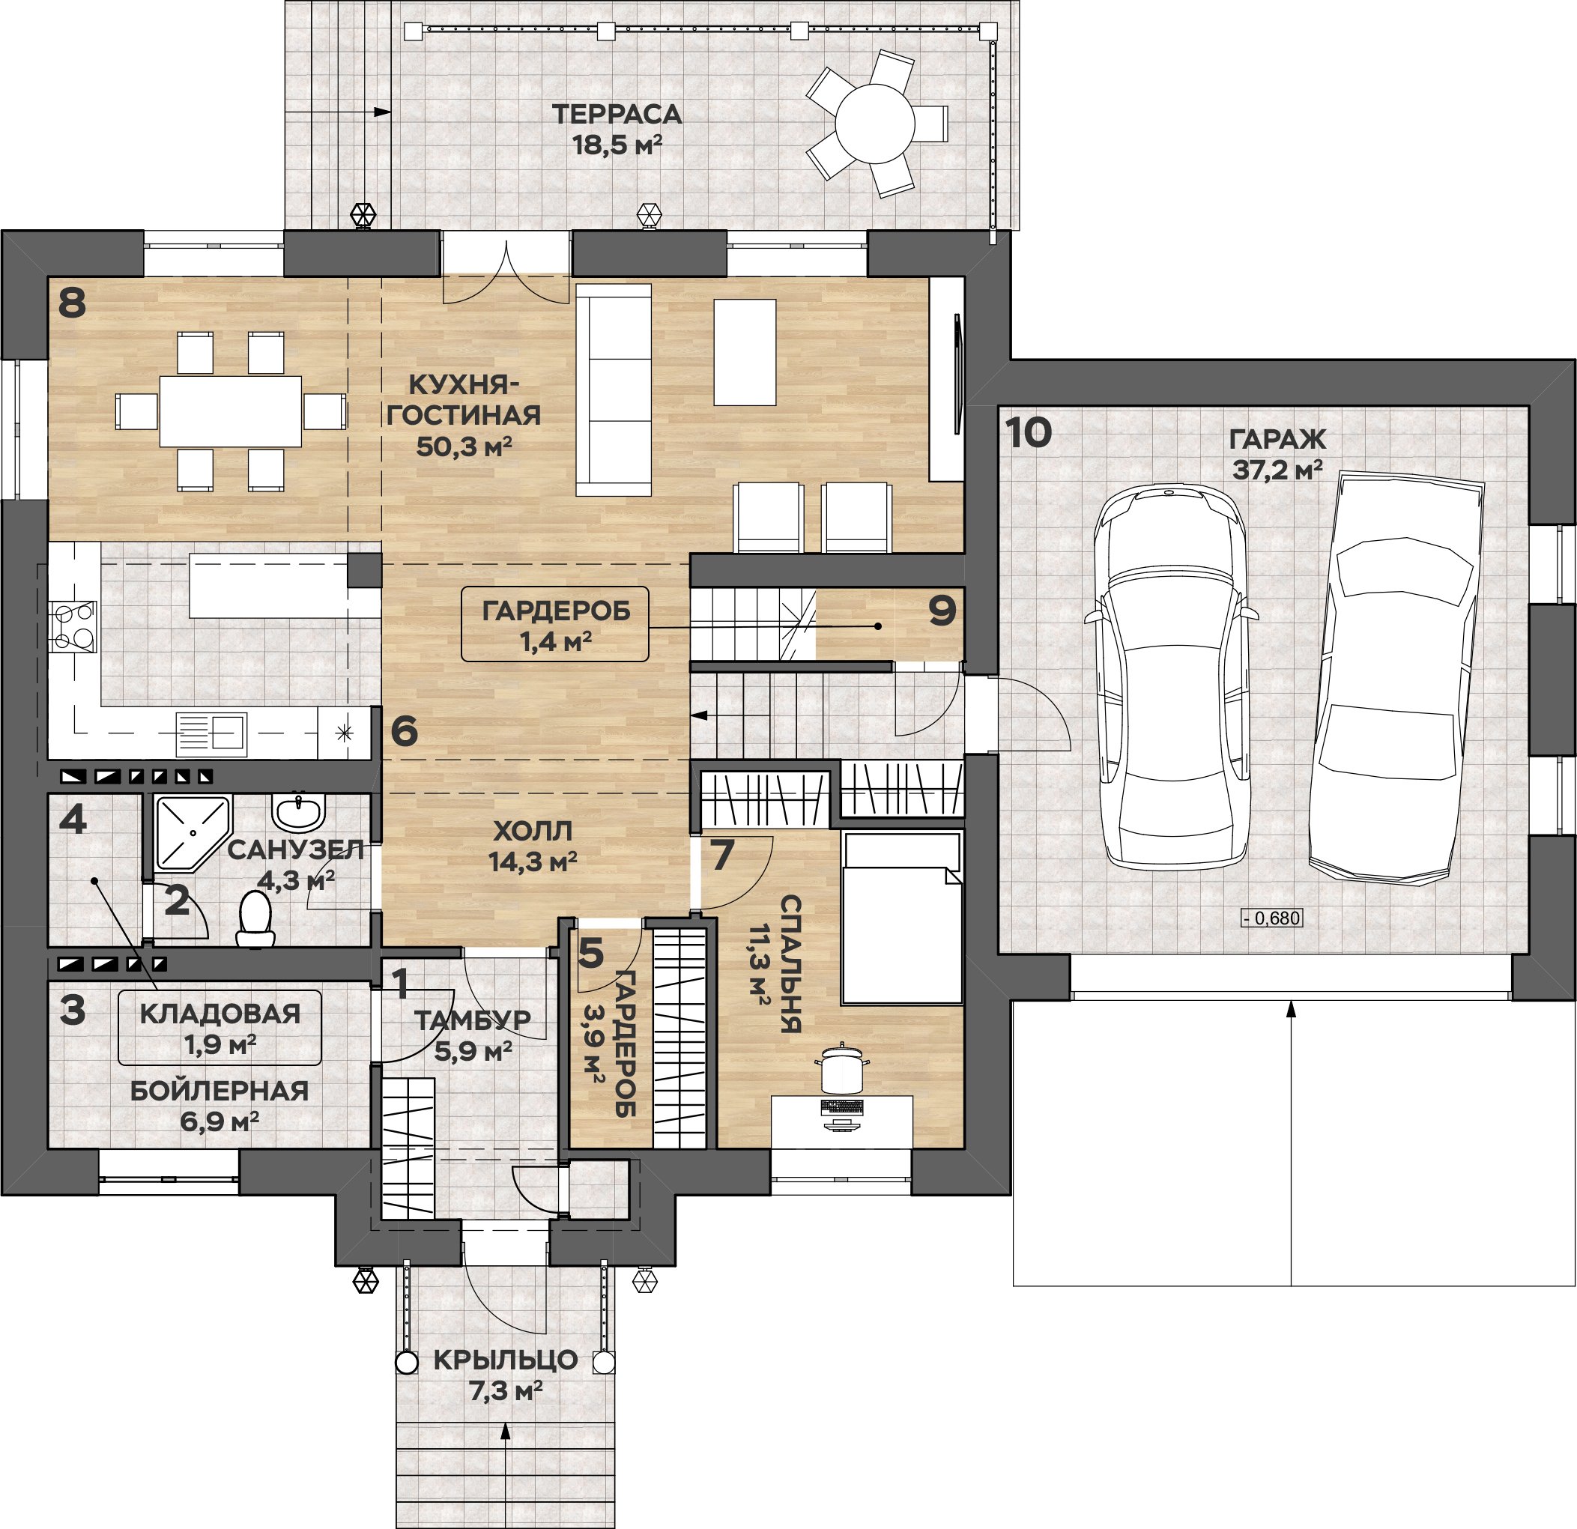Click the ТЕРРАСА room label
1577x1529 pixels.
click(617, 115)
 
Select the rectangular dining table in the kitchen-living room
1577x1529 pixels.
click(230, 411)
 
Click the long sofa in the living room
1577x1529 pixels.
click(613, 390)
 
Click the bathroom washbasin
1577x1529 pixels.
click(298, 812)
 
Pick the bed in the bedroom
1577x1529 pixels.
click(901, 918)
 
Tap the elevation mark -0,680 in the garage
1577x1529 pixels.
click(1271, 918)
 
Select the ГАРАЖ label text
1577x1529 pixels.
click(1277, 440)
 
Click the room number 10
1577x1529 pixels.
click(1029, 433)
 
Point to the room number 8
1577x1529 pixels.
click(73, 303)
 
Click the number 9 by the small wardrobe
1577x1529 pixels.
click(942, 611)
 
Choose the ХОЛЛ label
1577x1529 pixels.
click(533, 831)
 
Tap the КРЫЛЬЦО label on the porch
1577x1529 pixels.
click(505, 1360)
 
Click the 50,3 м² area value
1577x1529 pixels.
click(464, 446)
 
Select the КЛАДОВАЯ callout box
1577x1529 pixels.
click(220, 1029)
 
